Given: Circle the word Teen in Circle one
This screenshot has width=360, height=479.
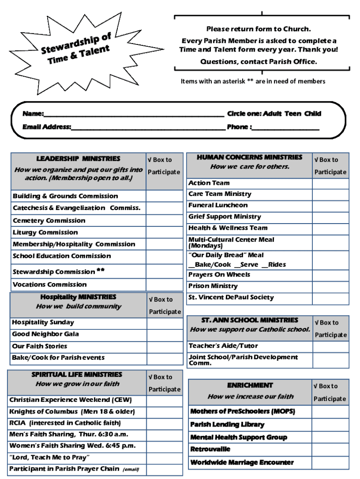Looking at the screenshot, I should coord(293,114).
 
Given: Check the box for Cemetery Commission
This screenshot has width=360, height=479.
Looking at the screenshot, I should coord(164,220).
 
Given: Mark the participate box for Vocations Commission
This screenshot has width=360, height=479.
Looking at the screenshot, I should coord(164,284).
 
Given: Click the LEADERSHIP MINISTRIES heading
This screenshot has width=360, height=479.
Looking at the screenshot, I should coord(78,159).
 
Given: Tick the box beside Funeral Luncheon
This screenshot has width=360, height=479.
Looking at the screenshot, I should coord(331,205).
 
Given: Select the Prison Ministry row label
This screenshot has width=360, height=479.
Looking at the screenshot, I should coord(213,286).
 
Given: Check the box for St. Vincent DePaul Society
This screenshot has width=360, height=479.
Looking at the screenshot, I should coord(331,298).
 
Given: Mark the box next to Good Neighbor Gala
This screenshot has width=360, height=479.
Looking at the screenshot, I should coord(165,334).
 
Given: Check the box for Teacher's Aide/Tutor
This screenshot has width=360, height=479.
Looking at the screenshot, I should coord(331,346).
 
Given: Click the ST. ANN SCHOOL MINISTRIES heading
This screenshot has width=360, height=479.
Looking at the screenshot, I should coord(250,320).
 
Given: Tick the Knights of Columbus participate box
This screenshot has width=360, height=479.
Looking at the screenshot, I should coord(165,412).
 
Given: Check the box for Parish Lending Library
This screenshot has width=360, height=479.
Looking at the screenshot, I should coord(330,425).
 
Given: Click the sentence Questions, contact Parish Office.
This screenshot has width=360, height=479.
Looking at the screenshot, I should coord(259,62).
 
